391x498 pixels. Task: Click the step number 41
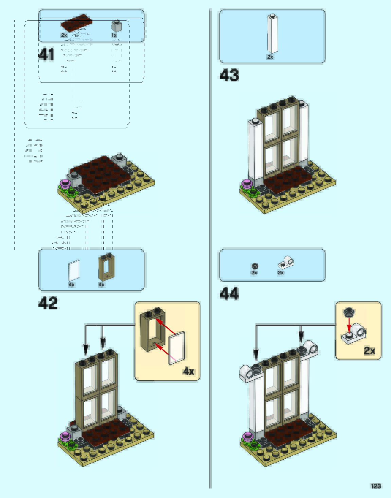point(46,55)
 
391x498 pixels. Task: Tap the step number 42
point(48,303)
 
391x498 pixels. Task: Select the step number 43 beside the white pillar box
point(229,75)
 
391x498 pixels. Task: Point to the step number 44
point(229,294)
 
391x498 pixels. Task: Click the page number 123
point(376,486)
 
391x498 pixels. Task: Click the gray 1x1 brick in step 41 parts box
point(117,25)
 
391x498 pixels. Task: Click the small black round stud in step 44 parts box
point(255,266)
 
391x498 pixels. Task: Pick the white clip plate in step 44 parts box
point(286,262)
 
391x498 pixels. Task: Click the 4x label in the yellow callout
point(189,371)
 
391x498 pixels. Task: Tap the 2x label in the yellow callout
point(369,350)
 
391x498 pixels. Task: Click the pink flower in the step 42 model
point(64,436)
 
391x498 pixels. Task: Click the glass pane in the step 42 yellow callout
point(177,348)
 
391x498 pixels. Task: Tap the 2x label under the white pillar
point(270,57)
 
